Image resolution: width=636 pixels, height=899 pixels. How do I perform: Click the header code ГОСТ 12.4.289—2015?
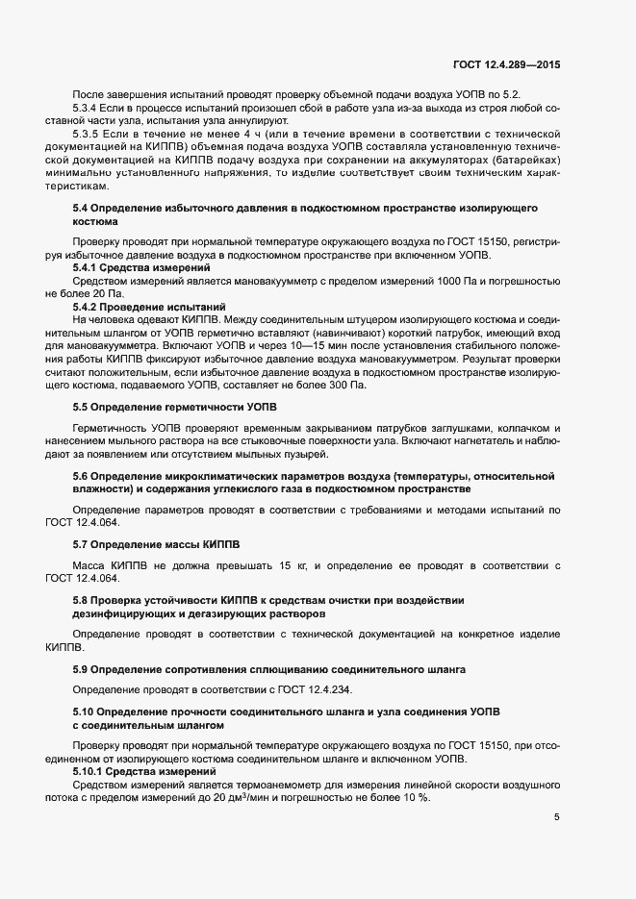[506, 63]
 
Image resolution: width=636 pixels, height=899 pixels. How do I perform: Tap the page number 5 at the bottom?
[556, 817]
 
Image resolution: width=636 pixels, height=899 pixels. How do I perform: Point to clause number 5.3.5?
[89, 139]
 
